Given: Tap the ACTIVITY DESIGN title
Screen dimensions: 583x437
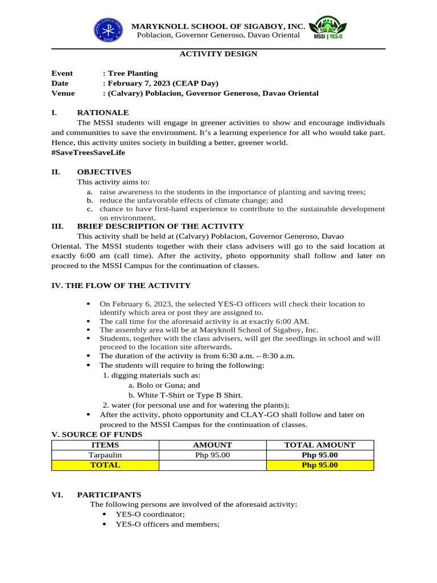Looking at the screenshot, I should click(218, 54).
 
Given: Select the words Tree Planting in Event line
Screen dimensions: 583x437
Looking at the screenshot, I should click(133, 73).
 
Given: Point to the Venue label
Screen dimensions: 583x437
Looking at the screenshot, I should click(63, 93).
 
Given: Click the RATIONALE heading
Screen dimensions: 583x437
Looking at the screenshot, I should click(103, 113).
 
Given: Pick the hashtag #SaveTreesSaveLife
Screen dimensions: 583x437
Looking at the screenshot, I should click(88, 153).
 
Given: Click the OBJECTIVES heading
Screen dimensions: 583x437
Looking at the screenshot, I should click(104, 172).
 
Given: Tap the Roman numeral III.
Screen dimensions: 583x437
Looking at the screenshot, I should click(57, 226).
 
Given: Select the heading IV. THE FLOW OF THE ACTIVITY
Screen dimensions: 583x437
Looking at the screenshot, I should click(121, 285).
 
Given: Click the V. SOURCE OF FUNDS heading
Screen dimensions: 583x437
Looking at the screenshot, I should click(97, 434).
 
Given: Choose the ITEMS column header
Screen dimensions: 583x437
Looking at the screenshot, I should click(105, 445).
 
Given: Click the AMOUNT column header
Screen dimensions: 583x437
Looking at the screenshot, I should click(213, 445).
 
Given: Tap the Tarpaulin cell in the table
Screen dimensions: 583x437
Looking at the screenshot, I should click(105, 455).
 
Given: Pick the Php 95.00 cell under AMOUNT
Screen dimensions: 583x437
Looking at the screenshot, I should click(213, 455).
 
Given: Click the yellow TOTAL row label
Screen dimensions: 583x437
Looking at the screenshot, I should click(105, 465).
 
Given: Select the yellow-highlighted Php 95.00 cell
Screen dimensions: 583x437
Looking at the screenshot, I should click(320, 465).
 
